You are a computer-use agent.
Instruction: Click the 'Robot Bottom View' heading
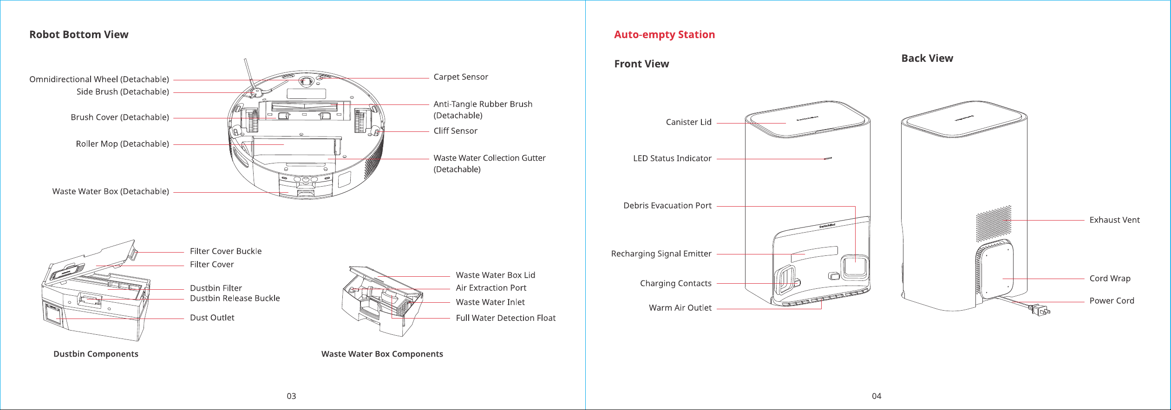click(x=79, y=35)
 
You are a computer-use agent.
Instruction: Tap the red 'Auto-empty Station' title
click(x=664, y=35)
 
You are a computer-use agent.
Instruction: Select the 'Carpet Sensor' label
click(x=461, y=77)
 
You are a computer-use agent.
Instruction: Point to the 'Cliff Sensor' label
click(x=455, y=131)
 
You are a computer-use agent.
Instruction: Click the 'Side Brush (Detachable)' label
click(x=123, y=92)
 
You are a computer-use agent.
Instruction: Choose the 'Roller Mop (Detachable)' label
click(x=122, y=144)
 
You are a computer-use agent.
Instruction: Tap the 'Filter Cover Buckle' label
click(x=226, y=251)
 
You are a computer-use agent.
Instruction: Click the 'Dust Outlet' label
click(x=212, y=318)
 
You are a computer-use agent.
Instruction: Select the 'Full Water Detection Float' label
click(x=505, y=318)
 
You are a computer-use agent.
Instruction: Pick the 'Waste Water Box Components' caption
click(x=382, y=354)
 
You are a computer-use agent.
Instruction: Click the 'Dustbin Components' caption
click(x=96, y=354)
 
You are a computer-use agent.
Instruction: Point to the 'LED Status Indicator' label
click(x=672, y=158)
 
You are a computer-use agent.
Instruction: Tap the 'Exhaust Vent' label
click(x=1114, y=220)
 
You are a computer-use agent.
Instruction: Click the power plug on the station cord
click(x=1040, y=310)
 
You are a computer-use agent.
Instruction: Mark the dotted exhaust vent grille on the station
click(x=994, y=223)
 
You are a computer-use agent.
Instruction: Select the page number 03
click(x=291, y=396)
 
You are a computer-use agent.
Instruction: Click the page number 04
click(x=877, y=396)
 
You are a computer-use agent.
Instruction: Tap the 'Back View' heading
click(x=927, y=59)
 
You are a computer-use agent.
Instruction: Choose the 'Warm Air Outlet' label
click(x=680, y=308)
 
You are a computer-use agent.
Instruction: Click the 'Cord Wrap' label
click(x=1110, y=279)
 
